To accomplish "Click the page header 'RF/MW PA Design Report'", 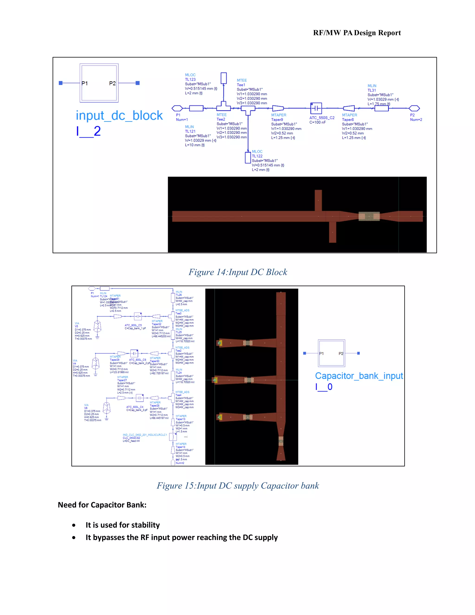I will click(356, 33).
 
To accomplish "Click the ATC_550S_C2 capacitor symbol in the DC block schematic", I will click(316, 108).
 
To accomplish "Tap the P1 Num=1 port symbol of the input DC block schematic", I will click(177, 108).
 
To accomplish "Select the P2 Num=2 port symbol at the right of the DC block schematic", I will click(414, 108).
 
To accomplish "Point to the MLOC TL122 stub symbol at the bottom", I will click(248, 157).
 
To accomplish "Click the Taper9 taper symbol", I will click(278, 108).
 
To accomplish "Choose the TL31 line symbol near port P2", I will click(381, 108).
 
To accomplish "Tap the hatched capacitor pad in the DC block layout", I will click(369, 216).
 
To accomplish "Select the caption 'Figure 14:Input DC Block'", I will click(237, 272).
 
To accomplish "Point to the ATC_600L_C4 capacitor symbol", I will click(140, 398).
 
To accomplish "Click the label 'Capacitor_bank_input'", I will click(359, 376).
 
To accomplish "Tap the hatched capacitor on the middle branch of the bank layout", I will click(249, 380).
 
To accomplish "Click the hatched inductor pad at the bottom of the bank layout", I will click(281, 441).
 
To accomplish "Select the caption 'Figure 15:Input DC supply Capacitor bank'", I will click(237, 486).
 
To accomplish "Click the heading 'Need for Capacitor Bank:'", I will click(102, 505).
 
